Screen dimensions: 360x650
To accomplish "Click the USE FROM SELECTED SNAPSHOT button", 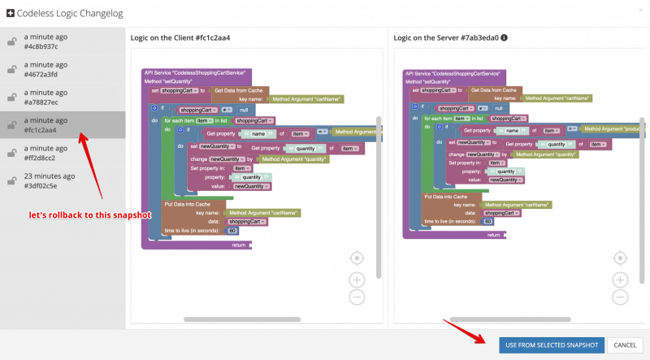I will [x=552, y=345].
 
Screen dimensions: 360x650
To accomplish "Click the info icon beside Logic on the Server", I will [x=505, y=37].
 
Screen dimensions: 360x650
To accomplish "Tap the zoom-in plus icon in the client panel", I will [x=357, y=279].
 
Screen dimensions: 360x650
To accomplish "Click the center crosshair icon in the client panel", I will [x=357, y=258].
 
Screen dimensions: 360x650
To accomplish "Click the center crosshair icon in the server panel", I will [x=619, y=258].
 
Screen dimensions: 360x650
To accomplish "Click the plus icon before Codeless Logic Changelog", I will [x=10, y=14].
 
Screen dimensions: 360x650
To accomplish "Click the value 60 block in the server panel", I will [x=487, y=221].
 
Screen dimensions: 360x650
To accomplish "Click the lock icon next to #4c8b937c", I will [x=12, y=42].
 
